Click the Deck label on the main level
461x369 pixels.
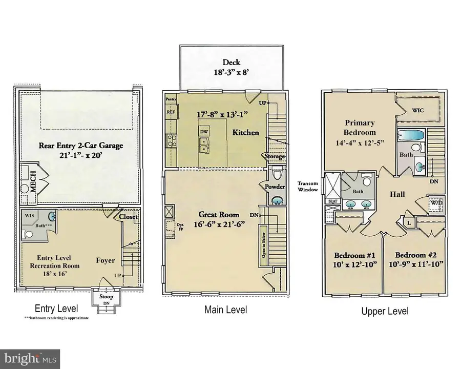coord(230,63)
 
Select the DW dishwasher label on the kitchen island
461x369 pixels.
coord(204,132)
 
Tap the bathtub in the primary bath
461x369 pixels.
coord(411,136)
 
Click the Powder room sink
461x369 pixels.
coord(277,201)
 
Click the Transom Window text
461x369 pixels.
coord(308,186)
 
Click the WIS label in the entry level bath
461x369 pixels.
coord(29,216)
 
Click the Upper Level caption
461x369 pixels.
coord(385,311)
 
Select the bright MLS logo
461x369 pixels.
coord(30,357)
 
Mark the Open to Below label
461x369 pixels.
coord(264,245)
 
